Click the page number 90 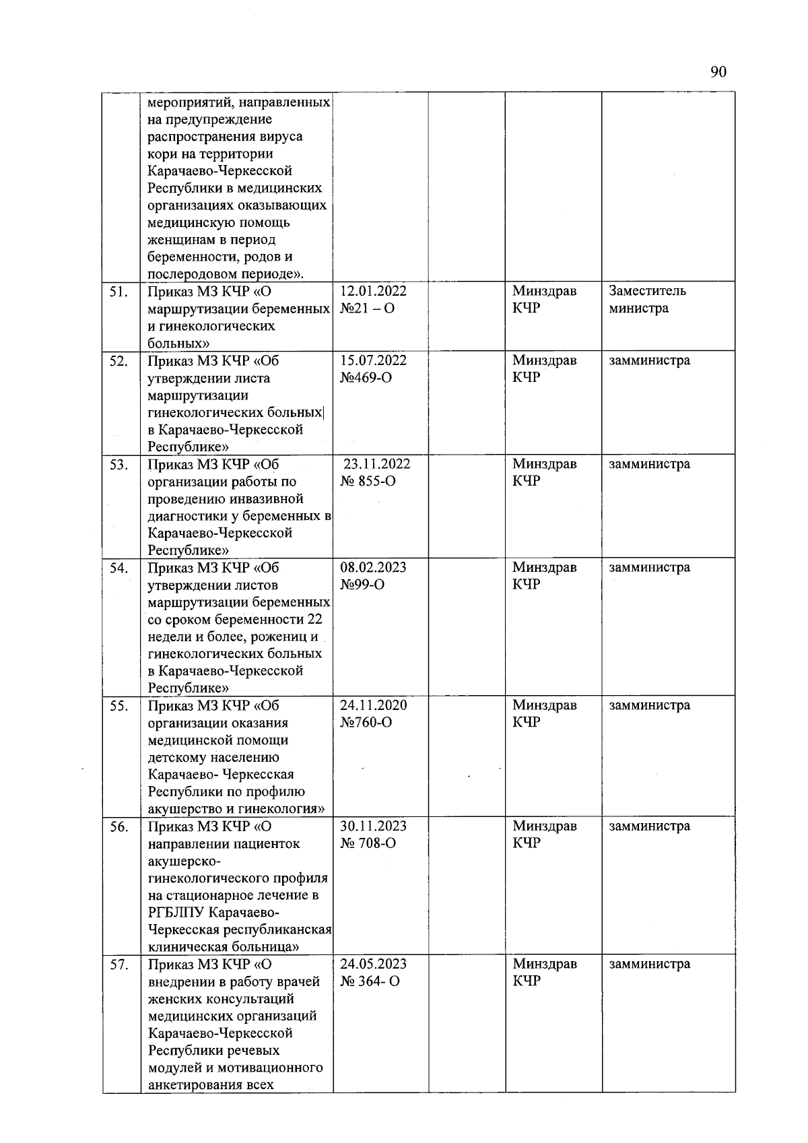coord(718,73)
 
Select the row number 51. coord(119,292)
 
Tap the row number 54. coord(119,568)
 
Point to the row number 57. coord(119,965)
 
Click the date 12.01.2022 coord(373,291)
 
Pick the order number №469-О coord(366,378)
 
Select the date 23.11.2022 coord(376,464)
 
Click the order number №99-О coord(362,585)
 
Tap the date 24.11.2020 coord(373,705)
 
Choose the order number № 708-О coord(368,843)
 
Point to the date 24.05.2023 coord(373,964)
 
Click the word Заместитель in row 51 coord(647,291)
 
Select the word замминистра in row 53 coord(649,464)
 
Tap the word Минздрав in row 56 coord(544,826)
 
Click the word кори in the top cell coord(162,154)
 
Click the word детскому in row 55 coord(176,758)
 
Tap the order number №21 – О coord(367,308)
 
